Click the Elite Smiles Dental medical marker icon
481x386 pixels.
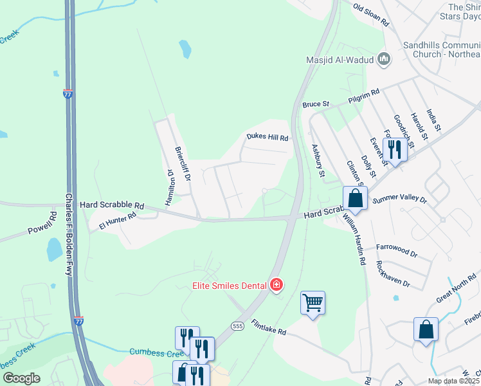coord(277,284)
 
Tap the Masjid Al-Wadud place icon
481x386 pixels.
coord(385,60)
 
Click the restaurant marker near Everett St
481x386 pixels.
coord(394,150)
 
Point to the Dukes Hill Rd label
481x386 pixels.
coord(268,137)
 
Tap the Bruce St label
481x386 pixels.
coord(316,104)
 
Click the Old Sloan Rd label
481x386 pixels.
coord(372,14)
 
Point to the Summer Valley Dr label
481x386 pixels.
coord(400,200)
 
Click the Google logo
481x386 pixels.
coord(22,378)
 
